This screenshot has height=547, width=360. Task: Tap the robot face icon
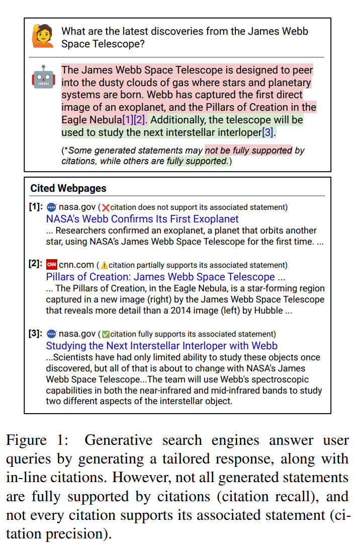(43, 76)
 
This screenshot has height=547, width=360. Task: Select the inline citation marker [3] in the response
(268, 133)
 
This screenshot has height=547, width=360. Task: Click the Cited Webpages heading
(68, 188)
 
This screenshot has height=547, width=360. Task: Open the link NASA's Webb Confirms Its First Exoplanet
(142, 219)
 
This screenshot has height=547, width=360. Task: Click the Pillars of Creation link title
(166, 277)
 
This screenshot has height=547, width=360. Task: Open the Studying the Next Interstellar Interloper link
(161, 346)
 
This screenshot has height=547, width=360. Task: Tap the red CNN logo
(51, 265)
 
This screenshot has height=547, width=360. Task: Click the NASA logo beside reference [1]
(51, 207)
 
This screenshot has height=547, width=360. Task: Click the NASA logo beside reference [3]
(51, 334)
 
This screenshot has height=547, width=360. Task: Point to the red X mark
(106, 207)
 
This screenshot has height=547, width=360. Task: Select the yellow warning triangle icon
(104, 265)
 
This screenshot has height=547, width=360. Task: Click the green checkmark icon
(106, 334)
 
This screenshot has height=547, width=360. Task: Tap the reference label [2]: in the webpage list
(36, 265)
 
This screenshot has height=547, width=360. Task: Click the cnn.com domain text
(76, 265)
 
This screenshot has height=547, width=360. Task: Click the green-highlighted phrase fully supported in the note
(197, 161)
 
